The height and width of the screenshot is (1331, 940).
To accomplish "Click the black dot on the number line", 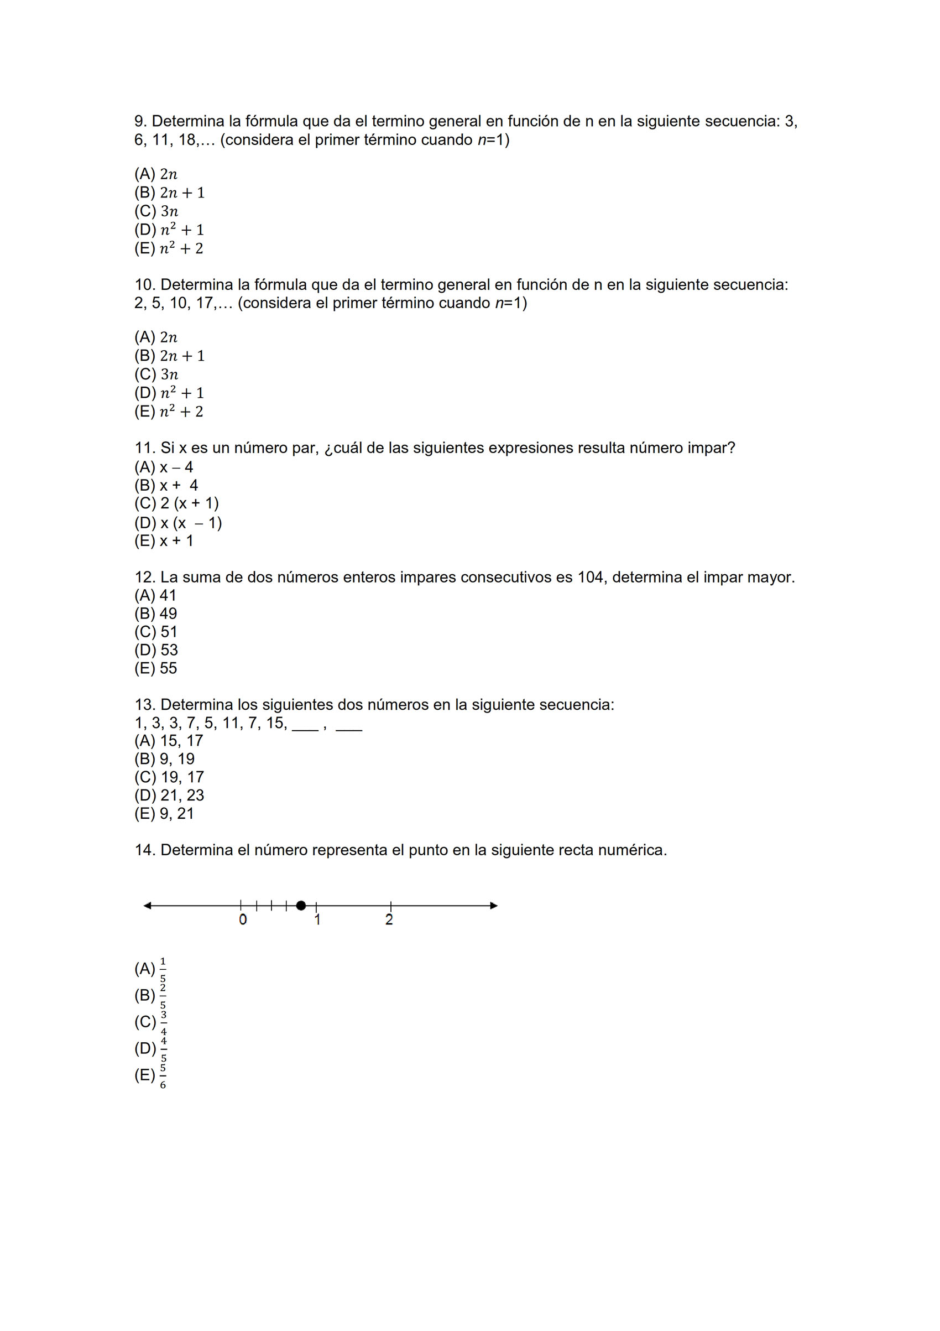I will pos(301,906).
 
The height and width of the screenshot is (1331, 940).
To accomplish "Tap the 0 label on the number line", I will pos(243,920).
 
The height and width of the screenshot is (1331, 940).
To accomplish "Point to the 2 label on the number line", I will pos(389,920).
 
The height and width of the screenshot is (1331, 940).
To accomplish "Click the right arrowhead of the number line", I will pos(494,906).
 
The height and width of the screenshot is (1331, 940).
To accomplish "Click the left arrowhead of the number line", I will pos(148,906).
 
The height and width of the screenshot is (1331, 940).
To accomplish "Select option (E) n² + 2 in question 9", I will pos(169,249).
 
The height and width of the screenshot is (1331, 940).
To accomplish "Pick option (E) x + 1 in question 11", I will pos(164,541).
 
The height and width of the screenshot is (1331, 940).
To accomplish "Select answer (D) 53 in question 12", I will pos(156,650).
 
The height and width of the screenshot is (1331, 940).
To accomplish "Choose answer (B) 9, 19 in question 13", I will pos(165,759).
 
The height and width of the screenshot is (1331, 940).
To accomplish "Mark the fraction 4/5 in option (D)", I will pos(164,1049).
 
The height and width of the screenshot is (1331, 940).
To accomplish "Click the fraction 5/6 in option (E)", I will pos(163,1076).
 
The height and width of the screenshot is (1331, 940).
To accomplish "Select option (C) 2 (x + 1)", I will pos(177,503).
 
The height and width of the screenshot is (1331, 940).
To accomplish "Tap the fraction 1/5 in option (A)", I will pos(163,969).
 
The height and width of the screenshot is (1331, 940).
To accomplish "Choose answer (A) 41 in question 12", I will pos(155,595).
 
